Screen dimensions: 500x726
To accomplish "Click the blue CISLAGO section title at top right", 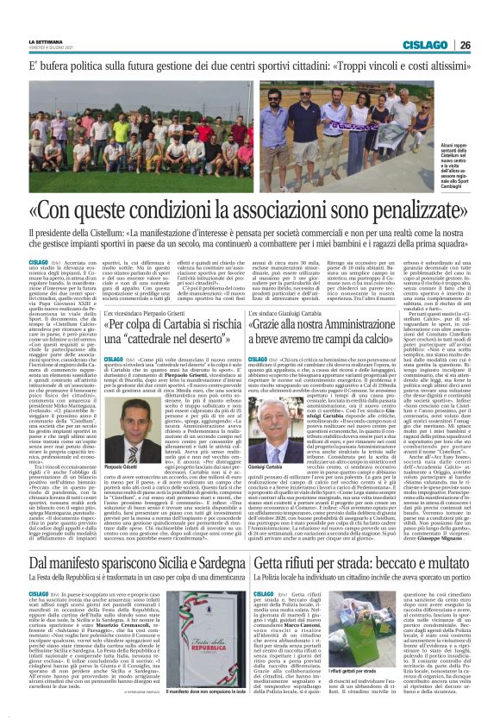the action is (x=428, y=45).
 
